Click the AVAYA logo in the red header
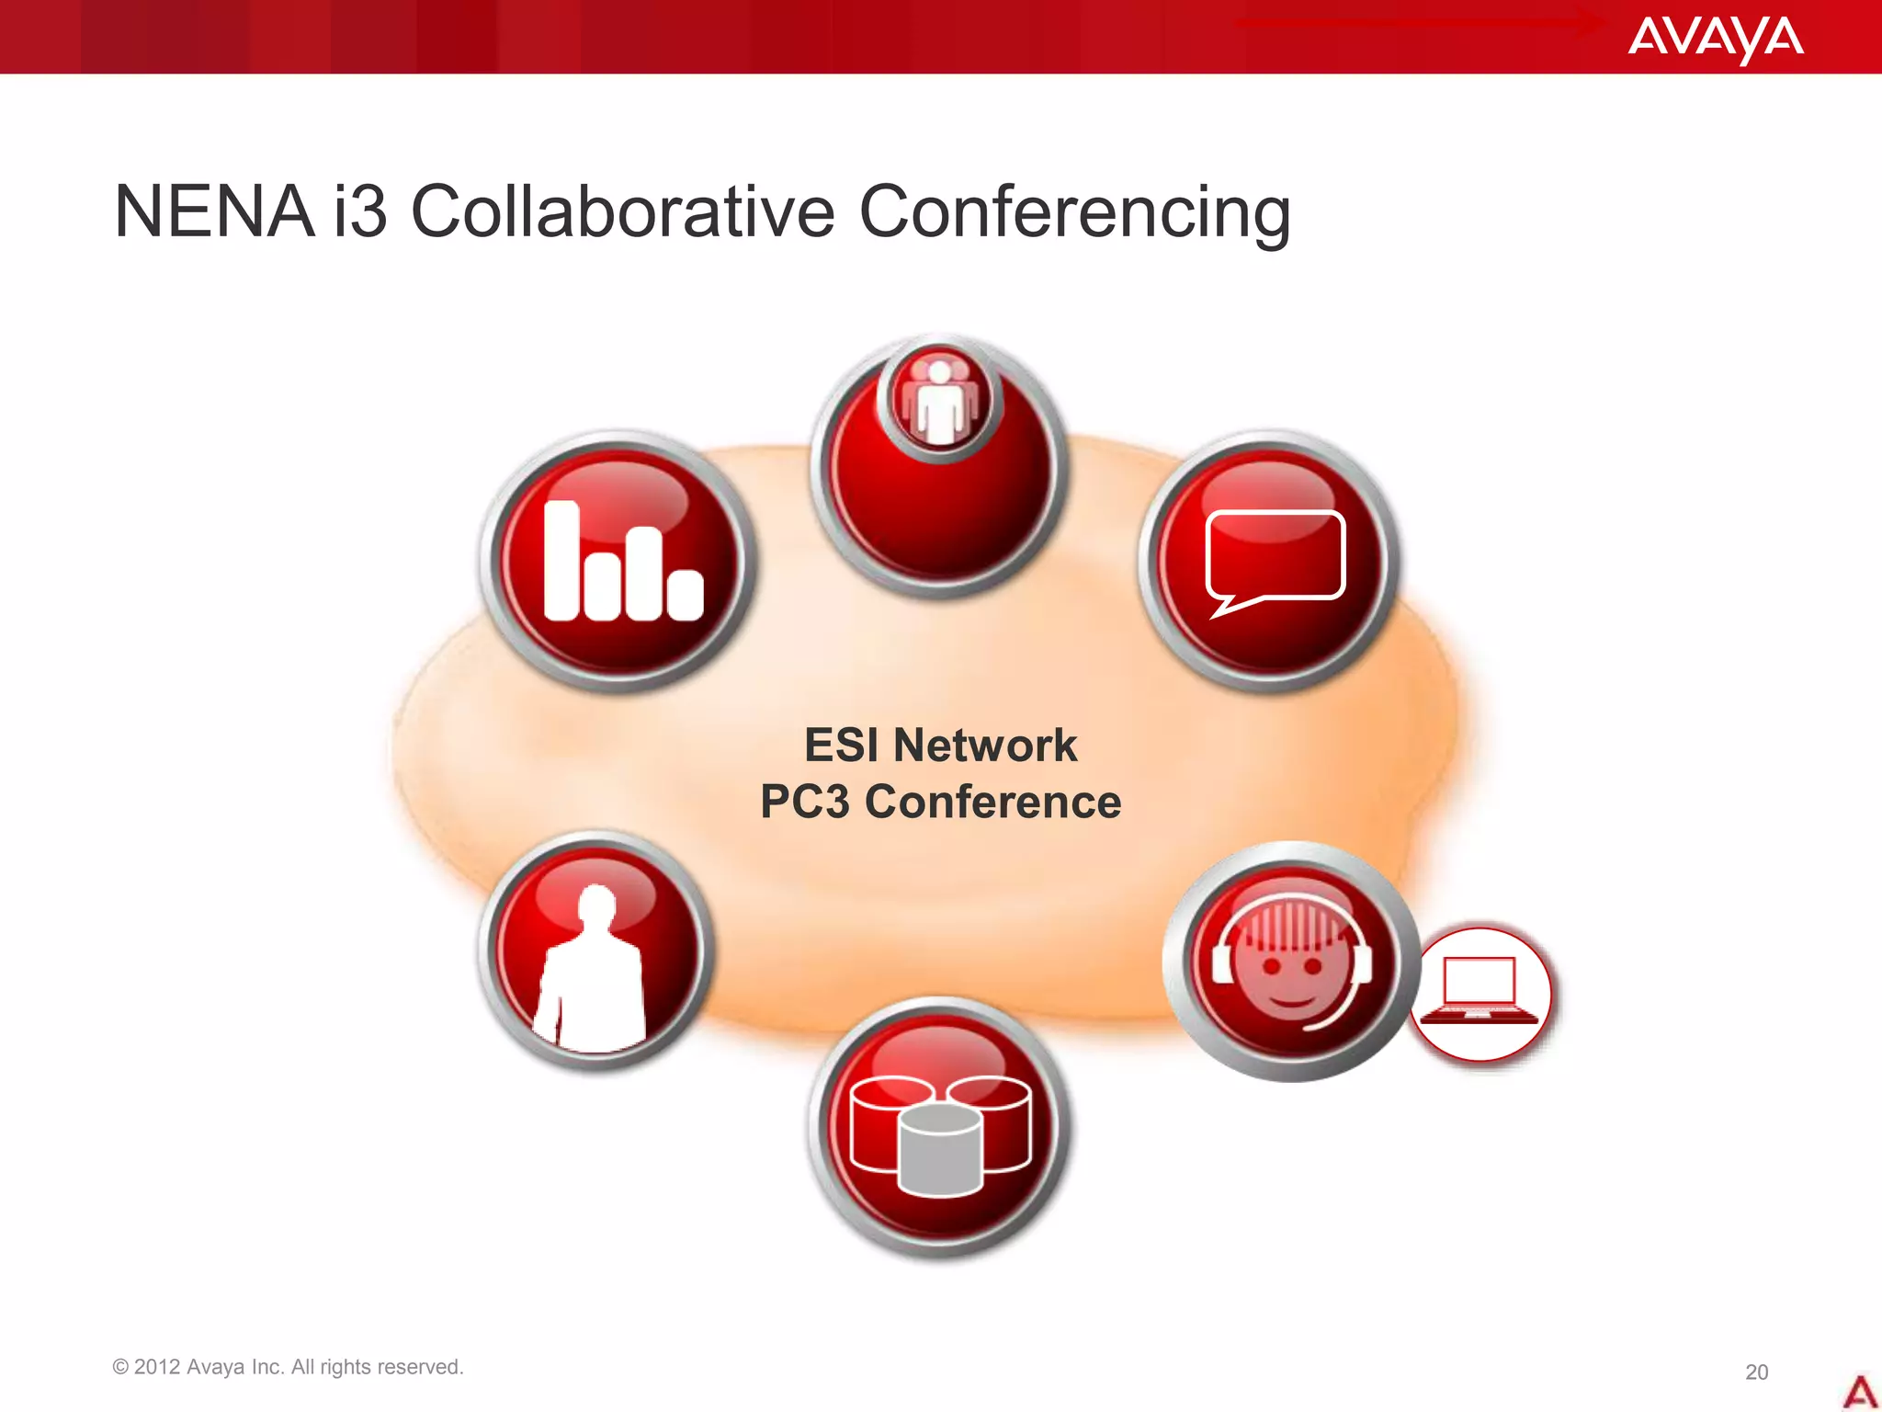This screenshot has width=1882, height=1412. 1715,38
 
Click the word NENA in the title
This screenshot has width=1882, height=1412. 213,212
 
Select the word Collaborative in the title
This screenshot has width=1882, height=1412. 622,212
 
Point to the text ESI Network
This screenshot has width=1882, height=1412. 940,745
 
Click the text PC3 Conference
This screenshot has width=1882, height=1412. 940,802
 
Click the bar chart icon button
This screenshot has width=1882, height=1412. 618,561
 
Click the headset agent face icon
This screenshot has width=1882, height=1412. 1291,962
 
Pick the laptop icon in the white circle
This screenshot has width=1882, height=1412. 1480,994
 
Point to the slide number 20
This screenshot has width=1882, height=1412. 1756,1372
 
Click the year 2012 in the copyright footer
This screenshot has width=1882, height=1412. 156,1367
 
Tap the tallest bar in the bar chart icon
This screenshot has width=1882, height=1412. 561,560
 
